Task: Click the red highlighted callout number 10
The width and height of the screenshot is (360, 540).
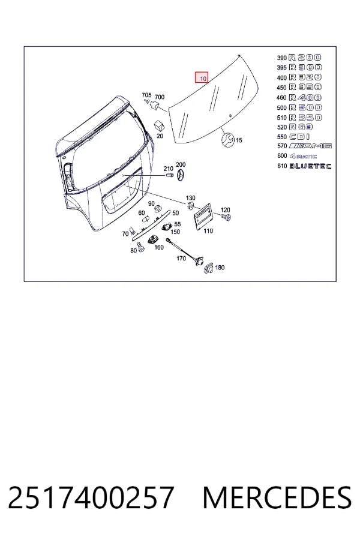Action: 202,77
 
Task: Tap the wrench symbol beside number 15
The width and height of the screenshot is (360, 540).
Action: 228,139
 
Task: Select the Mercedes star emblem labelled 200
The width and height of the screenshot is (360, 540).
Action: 180,176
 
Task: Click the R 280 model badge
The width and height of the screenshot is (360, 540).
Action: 305,58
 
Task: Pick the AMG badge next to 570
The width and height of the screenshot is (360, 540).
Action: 310,146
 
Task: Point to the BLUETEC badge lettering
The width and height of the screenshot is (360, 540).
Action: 310,166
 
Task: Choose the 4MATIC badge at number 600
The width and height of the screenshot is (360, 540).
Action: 303,156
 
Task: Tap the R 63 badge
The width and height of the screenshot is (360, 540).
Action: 301,127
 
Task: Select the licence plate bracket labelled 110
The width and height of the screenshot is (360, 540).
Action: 203,215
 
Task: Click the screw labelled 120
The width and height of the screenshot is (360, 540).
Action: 226,217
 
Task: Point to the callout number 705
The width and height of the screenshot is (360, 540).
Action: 146,95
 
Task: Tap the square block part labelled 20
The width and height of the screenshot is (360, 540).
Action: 160,126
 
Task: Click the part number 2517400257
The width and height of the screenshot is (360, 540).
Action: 91,497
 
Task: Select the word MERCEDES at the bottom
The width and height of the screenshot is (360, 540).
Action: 277,497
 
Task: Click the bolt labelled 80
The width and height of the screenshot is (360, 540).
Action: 140,247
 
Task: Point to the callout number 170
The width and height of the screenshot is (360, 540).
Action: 181,258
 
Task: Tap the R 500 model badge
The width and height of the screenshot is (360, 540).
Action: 305,107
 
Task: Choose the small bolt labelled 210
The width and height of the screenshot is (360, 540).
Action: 169,176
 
